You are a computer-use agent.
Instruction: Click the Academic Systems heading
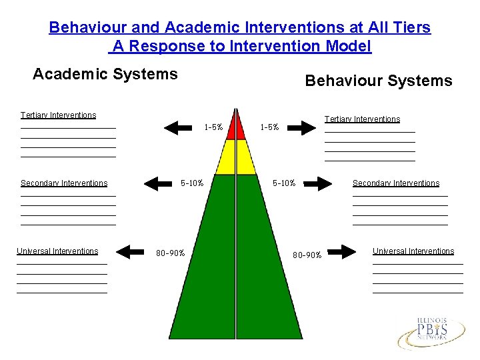pos(105,74)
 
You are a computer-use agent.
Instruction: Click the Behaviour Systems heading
pos(378,81)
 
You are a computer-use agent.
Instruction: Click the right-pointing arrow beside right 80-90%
pos(343,252)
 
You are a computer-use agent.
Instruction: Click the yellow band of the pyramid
pos(235,158)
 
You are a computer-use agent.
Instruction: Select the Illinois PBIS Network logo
pos(431,331)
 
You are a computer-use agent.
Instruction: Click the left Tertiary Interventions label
pos(59,115)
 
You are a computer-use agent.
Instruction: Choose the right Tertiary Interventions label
pos(362,119)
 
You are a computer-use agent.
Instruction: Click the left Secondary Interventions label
pos(64,183)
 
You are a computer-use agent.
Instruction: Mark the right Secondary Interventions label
pos(396,183)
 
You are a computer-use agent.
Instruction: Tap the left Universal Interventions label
pos(57,251)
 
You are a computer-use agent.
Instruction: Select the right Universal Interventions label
pos(413,251)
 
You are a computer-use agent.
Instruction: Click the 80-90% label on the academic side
pos(171,253)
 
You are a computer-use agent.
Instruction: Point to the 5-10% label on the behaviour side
pos(285,183)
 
